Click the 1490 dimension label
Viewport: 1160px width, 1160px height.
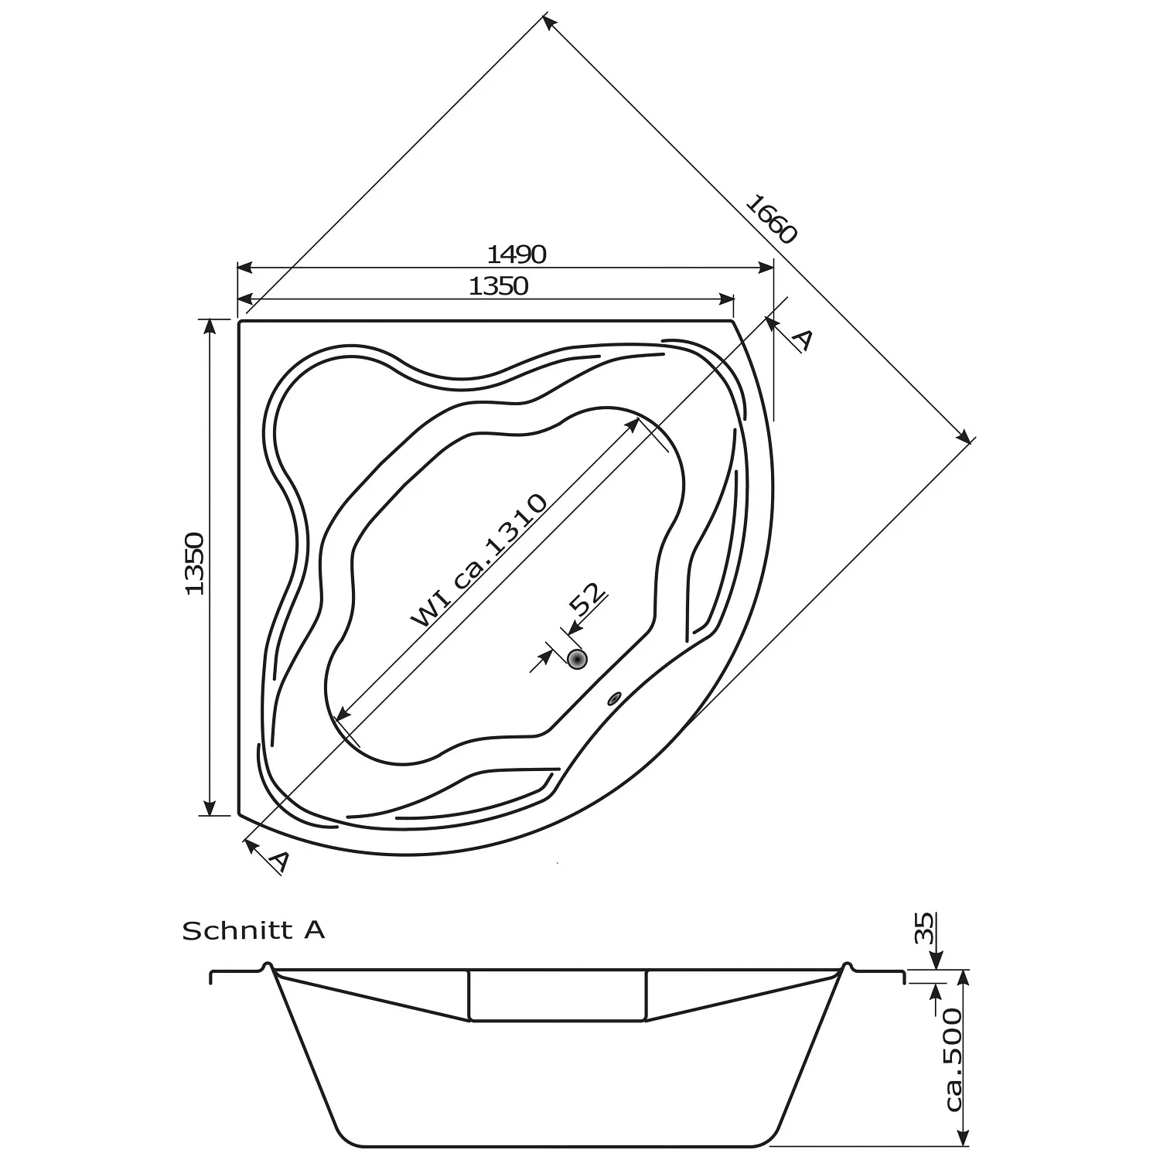tap(517, 254)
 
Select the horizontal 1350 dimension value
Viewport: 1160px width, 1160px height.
tap(499, 286)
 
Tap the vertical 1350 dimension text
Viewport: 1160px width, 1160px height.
tap(194, 563)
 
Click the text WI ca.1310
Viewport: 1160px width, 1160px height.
tap(479, 560)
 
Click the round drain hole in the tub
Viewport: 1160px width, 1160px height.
tap(578, 659)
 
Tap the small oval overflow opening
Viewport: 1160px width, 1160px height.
tap(615, 698)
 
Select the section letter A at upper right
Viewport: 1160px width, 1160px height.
tap(803, 339)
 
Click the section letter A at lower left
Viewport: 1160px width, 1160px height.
tap(281, 861)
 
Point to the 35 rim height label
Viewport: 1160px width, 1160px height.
tap(924, 928)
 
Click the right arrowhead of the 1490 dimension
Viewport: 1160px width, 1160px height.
tap(766, 268)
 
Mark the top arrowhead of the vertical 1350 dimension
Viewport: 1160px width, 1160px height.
tap(209, 325)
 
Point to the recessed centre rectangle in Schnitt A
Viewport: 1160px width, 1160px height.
tap(558, 995)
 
